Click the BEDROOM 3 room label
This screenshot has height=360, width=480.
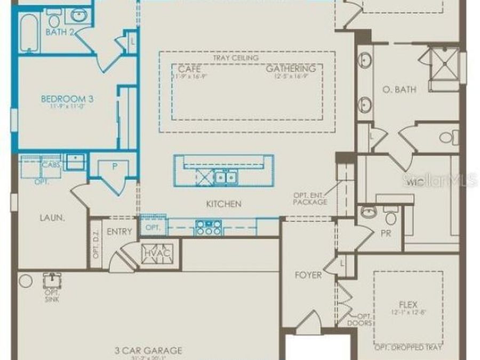point(63,99)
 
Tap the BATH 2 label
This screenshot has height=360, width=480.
point(59,33)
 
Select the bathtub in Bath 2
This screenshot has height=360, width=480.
point(29,33)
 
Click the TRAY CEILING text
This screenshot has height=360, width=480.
point(235,58)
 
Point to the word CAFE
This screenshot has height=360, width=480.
point(189,69)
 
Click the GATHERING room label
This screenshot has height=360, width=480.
point(291,69)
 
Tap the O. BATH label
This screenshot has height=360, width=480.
point(399,89)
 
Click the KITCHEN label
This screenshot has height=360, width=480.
point(224,204)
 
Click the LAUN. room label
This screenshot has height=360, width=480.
point(52,218)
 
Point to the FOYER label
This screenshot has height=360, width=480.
point(308,275)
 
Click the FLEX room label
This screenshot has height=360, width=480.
point(408,305)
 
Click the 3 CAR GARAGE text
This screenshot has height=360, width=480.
point(148,351)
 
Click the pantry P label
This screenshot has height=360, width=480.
point(114,166)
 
